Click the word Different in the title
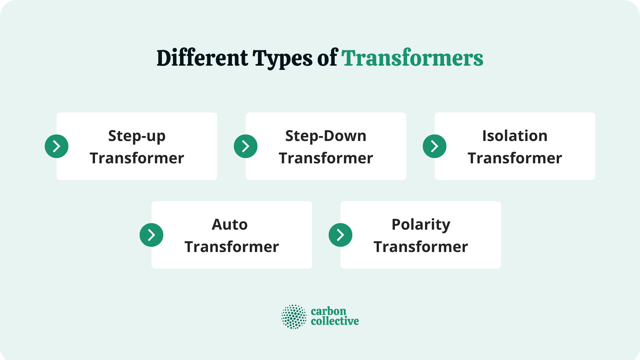pyautogui.click(x=202, y=58)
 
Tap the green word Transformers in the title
pyautogui.click(x=412, y=58)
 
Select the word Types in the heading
pyautogui.click(x=282, y=59)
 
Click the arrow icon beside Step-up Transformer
pyautogui.click(x=57, y=146)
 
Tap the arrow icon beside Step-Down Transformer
pyautogui.click(x=246, y=146)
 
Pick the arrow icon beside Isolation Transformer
pyautogui.click(x=435, y=146)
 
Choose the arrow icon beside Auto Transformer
pyautogui.click(x=152, y=235)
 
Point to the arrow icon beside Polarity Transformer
pyautogui.click(x=341, y=235)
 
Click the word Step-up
pyautogui.click(x=137, y=136)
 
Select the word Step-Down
pyautogui.click(x=326, y=136)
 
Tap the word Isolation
pyautogui.click(x=515, y=136)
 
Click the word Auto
pyautogui.click(x=230, y=224)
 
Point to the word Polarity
pyautogui.click(x=421, y=225)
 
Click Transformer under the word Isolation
pyautogui.click(x=515, y=158)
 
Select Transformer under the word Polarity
pyautogui.click(x=421, y=247)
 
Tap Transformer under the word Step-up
pyautogui.click(x=137, y=158)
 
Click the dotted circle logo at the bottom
pyautogui.click(x=294, y=317)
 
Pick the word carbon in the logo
pyautogui.click(x=328, y=311)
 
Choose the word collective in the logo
pyautogui.click(x=335, y=321)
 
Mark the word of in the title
pyautogui.click(x=327, y=58)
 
